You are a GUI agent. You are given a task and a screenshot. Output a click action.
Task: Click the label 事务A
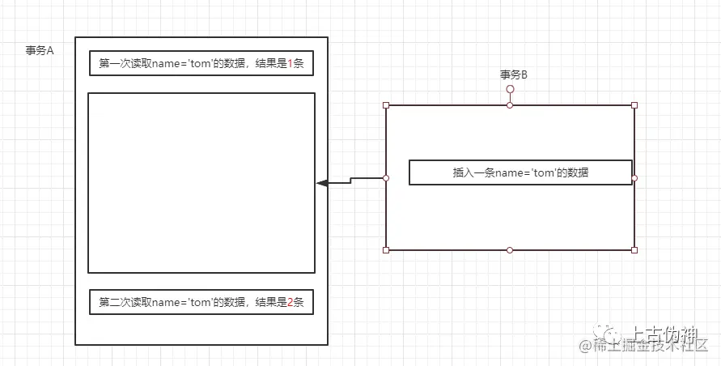(x=40, y=50)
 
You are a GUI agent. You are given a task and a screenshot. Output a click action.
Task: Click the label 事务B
(x=514, y=74)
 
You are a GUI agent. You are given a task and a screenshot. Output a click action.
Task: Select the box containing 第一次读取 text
(x=201, y=63)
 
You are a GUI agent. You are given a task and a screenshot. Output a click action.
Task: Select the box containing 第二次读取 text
(x=201, y=302)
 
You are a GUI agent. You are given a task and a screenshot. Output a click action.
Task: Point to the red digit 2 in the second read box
(x=291, y=302)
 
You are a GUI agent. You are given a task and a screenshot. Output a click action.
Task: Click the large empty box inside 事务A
(x=201, y=183)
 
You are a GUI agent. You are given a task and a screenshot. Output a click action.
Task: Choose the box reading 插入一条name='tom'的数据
(x=520, y=172)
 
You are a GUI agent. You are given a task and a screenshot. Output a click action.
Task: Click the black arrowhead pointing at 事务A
(x=322, y=184)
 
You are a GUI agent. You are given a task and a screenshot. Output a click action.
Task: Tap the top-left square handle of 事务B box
(x=386, y=105)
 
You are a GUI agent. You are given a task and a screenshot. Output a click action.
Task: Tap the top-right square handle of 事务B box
(x=634, y=105)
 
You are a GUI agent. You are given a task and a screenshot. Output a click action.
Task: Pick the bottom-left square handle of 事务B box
(x=386, y=250)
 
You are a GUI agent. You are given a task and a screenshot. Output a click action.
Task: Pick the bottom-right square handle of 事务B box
(x=634, y=250)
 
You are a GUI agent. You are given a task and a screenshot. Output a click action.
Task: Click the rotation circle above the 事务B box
(x=510, y=89)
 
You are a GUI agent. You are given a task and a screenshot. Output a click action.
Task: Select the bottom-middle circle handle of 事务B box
(x=510, y=250)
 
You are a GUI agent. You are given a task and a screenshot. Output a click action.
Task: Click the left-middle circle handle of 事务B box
(x=386, y=177)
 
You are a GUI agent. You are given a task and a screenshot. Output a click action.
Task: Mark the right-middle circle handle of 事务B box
(x=634, y=177)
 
